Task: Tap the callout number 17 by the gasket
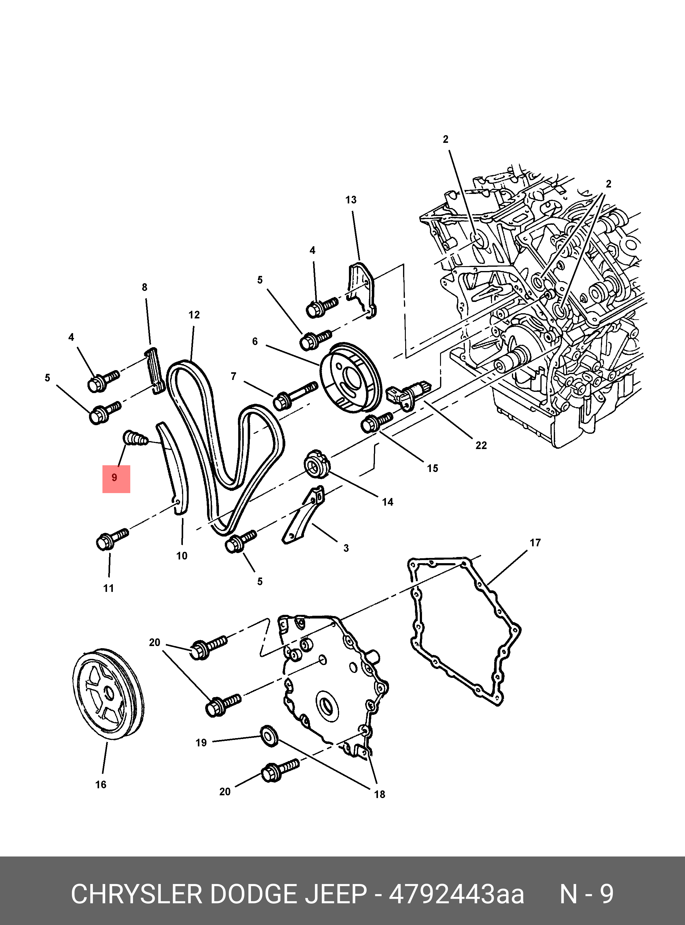pyautogui.click(x=535, y=543)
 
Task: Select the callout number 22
pyautogui.click(x=481, y=445)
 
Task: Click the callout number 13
pyautogui.click(x=351, y=200)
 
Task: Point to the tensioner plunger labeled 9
pyautogui.click(x=136, y=438)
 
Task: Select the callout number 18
pyautogui.click(x=380, y=794)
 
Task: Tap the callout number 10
pyautogui.click(x=182, y=556)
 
